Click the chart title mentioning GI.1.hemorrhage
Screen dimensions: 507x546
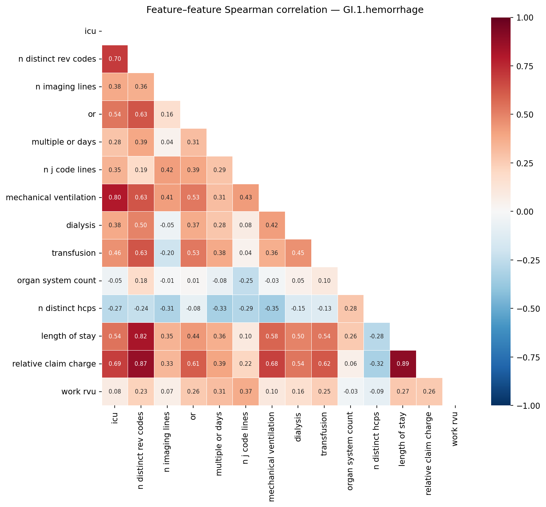pyautogui.click(x=285, y=10)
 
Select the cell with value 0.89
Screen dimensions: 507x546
pyautogui.click(x=403, y=364)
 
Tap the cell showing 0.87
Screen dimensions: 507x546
pyautogui.click(x=141, y=364)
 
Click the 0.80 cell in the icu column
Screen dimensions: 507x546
pyautogui.click(x=115, y=198)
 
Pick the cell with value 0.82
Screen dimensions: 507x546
pyautogui.click(x=141, y=336)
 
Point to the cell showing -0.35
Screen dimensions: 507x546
pyautogui.click(x=272, y=308)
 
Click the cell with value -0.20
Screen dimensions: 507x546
pyautogui.click(x=167, y=253)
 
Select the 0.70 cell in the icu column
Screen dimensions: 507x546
pyautogui.click(x=115, y=59)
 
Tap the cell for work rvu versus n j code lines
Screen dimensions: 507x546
pyautogui.click(x=245, y=392)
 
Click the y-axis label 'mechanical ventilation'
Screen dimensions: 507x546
pyautogui.click(x=51, y=198)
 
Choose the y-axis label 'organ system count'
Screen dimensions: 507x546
pyautogui.click(x=56, y=281)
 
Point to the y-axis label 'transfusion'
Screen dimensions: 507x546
pyautogui.click(x=74, y=253)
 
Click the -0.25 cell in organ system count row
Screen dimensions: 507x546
pyautogui.click(x=245, y=281)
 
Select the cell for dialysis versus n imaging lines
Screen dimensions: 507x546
pyautogui.click(x=167, y=225)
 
